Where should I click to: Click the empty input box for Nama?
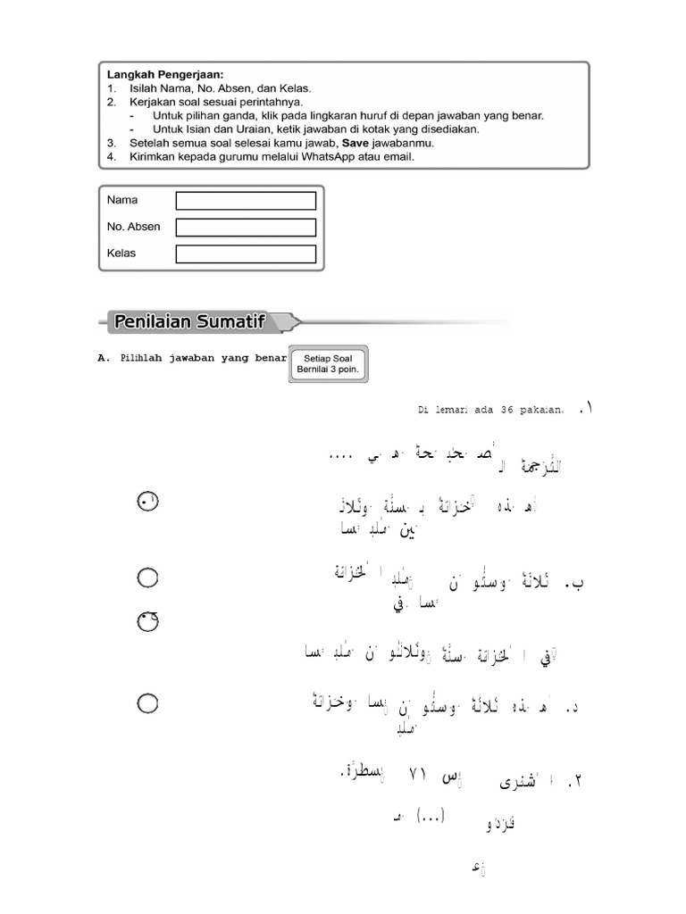tap(246, 201)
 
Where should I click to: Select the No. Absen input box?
tap(246, 228)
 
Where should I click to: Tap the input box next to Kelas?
tap(246, 254)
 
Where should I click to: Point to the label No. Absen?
tap(133, 227)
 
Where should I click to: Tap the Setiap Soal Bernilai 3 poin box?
tap(330, 365)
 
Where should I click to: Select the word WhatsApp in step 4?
tap(308, 156)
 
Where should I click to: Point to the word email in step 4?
tap(399, 156)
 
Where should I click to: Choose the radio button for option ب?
tap(148, 578)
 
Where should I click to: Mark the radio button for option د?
tap(148, 704)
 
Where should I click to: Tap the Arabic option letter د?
tap(574, 709)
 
